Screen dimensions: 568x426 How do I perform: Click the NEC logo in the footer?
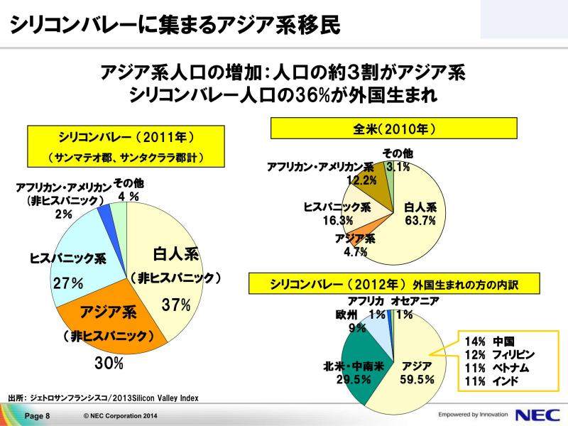537,415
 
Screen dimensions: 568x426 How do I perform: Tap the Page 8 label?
38,416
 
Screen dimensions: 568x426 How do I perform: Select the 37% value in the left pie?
176,305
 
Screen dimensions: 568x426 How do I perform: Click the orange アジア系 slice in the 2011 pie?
109,326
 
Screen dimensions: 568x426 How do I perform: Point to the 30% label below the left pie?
109,363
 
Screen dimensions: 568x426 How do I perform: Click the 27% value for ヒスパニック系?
68,283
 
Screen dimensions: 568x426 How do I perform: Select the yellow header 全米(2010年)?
394,129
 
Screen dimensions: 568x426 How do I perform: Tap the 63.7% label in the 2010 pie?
420,220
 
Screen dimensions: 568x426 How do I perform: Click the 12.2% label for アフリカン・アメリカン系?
361,180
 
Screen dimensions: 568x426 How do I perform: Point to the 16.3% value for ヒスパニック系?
338,220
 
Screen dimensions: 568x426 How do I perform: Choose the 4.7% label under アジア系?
356,251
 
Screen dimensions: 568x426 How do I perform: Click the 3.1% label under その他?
398,167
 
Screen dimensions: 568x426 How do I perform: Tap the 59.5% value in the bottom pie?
417,379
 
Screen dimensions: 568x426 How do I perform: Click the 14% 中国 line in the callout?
489,342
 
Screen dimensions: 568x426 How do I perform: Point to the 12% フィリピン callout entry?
500,354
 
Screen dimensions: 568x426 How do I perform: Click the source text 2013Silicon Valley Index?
155,398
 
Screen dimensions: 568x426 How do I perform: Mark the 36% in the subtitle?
312,95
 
